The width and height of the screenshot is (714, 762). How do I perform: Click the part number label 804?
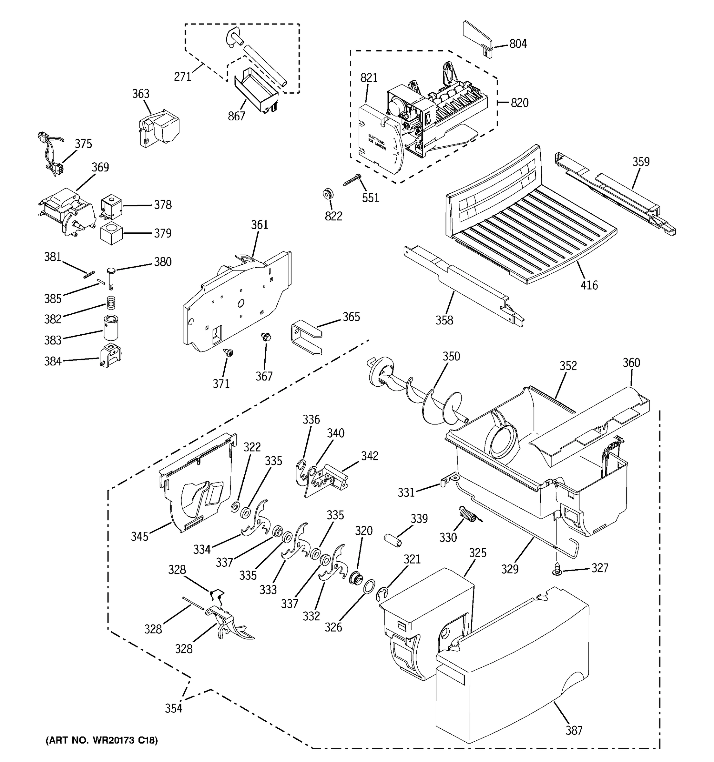[518, 44]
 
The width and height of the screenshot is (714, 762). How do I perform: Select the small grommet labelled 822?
[327, 194]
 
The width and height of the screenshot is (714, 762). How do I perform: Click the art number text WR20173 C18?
[102, 740]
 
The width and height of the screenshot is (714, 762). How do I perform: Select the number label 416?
[589, 285]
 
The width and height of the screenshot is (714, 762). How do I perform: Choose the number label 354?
[174, 708]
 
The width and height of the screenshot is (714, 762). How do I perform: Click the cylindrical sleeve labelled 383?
[111, 328]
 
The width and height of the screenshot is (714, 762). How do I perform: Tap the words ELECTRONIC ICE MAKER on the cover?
[377, 142]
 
